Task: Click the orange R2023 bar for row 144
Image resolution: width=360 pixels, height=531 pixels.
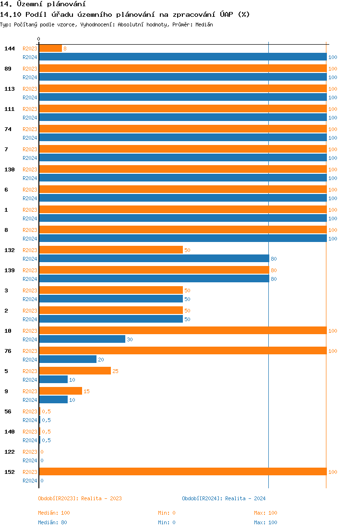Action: pos(50,48)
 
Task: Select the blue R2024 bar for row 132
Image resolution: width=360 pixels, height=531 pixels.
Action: pos(154,259)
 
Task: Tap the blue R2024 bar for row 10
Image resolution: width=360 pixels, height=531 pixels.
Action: pos(82,339)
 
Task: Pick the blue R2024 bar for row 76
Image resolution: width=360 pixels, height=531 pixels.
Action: pos(68,360)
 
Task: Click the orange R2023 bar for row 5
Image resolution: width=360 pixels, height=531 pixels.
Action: pos(75,371)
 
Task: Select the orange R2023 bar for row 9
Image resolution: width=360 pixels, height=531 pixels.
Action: pos(60,391)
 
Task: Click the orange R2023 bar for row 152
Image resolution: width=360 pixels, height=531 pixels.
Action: pos(182,472)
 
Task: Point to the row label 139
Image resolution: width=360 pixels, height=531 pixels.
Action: pos(9,270)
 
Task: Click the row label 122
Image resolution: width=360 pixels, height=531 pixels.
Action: pos(9,452)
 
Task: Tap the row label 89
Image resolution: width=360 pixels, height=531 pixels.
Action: pos(8,69)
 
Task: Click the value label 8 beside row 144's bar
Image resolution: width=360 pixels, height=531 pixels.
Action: pos(65,48)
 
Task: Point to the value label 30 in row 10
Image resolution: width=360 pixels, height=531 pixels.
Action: pos(130,339)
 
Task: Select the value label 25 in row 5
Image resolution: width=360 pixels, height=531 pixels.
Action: pos(115,371)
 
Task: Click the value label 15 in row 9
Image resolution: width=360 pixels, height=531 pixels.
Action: pos(86,391)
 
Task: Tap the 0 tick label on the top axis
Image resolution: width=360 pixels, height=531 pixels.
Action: pos(39,39)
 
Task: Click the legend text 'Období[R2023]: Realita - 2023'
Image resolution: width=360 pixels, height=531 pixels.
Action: pos(80,498)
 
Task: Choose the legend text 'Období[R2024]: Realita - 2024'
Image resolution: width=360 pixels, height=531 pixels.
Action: pos(224,498)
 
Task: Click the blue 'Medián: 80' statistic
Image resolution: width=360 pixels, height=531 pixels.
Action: pos(52,522)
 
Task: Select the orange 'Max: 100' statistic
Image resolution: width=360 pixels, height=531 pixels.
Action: pos(265,513)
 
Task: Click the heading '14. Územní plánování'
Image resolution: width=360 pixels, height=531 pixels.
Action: pos(43,4)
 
